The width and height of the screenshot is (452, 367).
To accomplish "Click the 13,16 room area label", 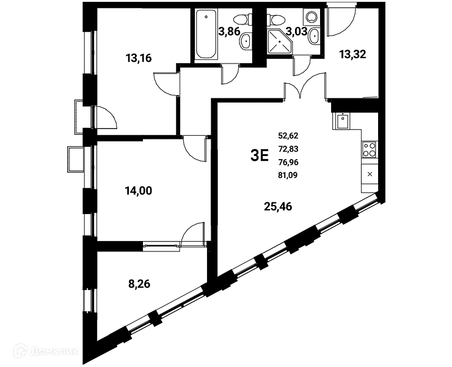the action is [x=139, y=58].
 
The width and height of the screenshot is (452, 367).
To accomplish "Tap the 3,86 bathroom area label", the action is [x=229, y=31].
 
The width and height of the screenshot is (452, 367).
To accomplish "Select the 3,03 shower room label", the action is [x=296, y=31].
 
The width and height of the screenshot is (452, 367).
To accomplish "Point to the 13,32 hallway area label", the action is [x=352, y=54].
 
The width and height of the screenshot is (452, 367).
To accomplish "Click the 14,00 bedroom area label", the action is [x=139, y=191].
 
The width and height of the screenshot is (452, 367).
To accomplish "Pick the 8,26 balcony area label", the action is [x=139, y=284].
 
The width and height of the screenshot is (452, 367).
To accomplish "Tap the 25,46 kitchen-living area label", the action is [x=278, y=207].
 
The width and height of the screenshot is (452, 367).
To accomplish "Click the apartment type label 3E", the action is [x=260, y=155].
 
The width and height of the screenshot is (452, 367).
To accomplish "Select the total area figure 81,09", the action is [x=288, y=175].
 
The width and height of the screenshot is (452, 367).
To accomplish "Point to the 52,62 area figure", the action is [x=288, y=135].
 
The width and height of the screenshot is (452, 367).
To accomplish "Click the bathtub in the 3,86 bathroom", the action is [x=206, y=34].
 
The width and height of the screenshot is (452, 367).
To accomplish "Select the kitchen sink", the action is [x=343, y=121].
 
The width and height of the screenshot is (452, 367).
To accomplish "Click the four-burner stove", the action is [x=370, y=149].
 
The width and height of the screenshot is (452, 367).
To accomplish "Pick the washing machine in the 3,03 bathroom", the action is [x=312, y=17].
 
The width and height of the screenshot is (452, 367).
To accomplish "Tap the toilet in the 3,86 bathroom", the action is [x=241, y=20].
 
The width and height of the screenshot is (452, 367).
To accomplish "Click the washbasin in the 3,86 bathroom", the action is [x=246, y=42].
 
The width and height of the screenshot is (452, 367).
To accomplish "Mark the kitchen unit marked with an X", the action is [x=370, y=174].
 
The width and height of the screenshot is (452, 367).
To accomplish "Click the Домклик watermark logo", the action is [x=46, y=351].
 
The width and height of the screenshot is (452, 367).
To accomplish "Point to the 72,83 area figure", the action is [x=288, y=149].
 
